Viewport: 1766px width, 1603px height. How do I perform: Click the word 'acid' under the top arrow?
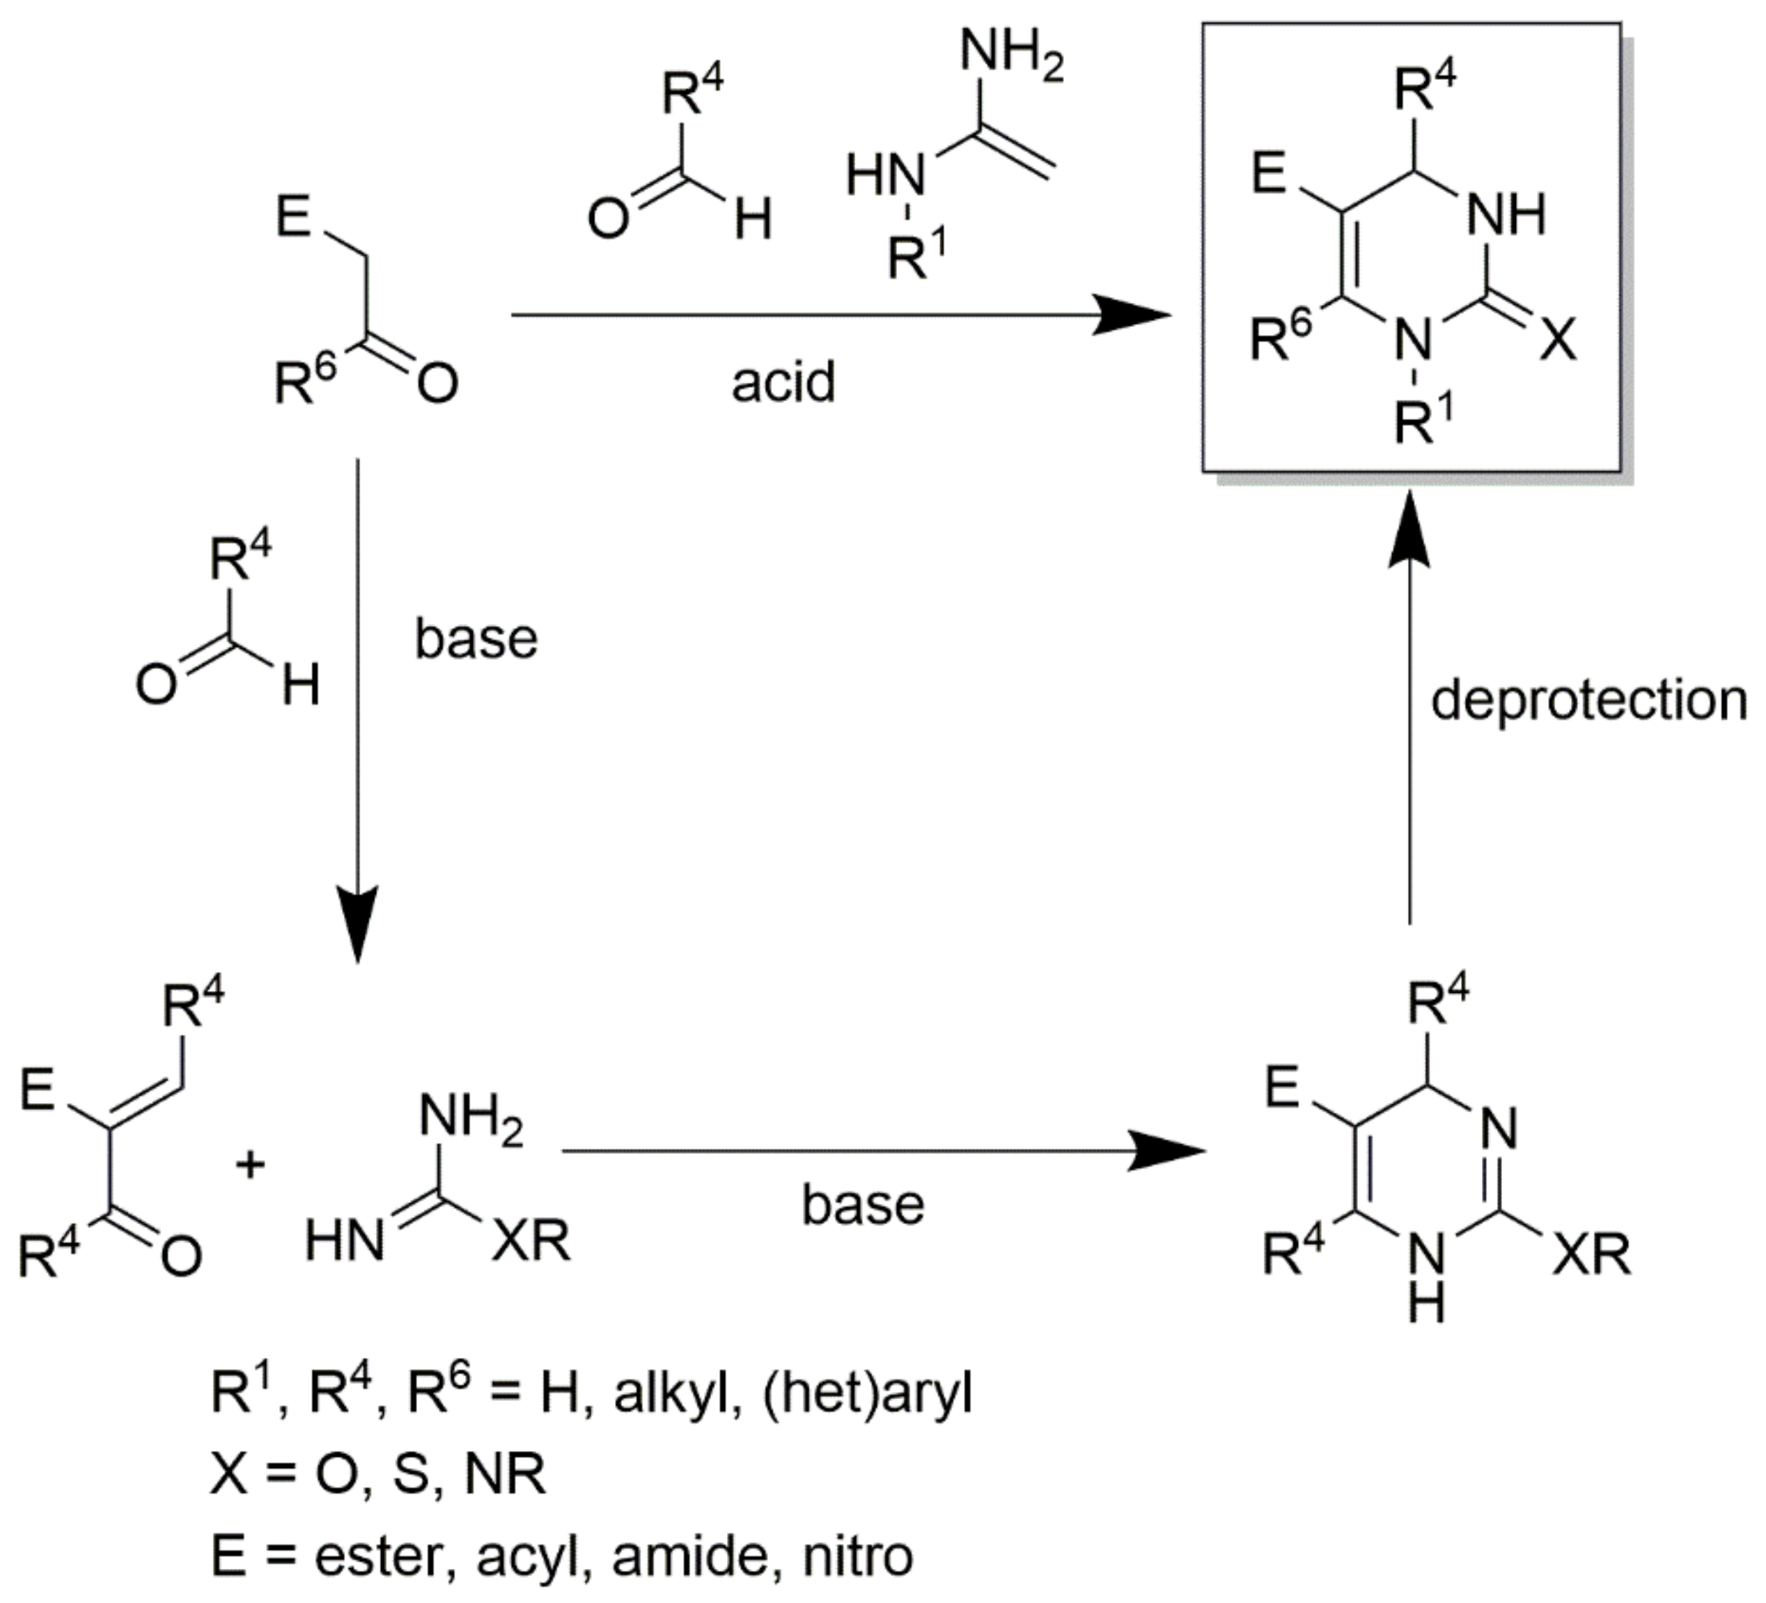(x=783, y=383)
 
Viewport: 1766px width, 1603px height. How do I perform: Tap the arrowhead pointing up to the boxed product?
(x=1409, y=526)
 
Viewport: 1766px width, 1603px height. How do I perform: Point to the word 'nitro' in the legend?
(x=859, y=1556)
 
